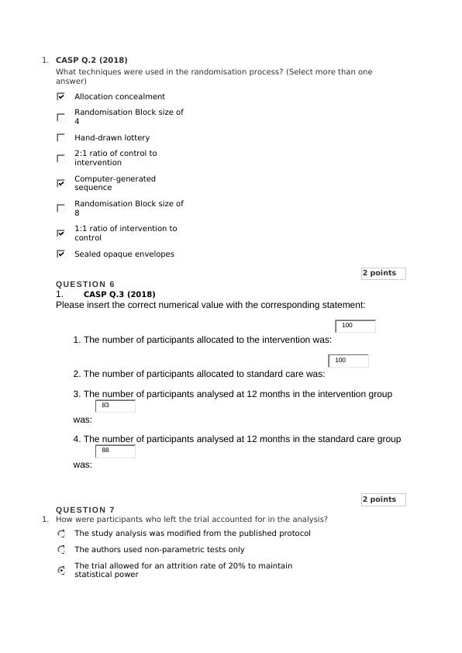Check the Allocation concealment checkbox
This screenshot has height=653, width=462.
[x=60, y=97]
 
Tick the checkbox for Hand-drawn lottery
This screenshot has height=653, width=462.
[x=60, y=137]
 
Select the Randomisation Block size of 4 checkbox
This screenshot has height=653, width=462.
[x=60, y=117]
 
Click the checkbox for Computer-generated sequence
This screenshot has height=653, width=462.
[x=60, y=183]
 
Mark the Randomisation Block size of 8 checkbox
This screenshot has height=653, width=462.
[x=60, y=208]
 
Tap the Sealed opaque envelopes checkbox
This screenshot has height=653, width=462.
[x=60, y=254]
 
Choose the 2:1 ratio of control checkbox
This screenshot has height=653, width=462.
[x=60, y=158]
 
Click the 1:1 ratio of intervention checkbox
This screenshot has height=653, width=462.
[x=60, y=233]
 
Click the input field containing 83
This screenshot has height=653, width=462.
[x=115, y=406]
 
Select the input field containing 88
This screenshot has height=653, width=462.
[x=115, y=451]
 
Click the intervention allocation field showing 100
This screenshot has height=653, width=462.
[x=356, y=326]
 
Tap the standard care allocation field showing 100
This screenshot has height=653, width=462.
[x=349, y=361]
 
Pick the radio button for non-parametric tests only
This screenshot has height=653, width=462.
[x=61, y=549]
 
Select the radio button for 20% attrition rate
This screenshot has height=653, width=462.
[x=61, y=570]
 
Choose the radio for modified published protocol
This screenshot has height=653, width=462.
[x=61, y=534]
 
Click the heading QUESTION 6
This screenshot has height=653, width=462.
[x=85, y=285]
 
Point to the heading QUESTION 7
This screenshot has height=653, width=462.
[x=85, y=510]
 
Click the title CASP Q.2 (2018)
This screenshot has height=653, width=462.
[x=91, y=60]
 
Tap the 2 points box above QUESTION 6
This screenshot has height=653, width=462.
[x=383, y=273]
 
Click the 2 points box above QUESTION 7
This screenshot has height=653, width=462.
[x=383, y=499]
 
